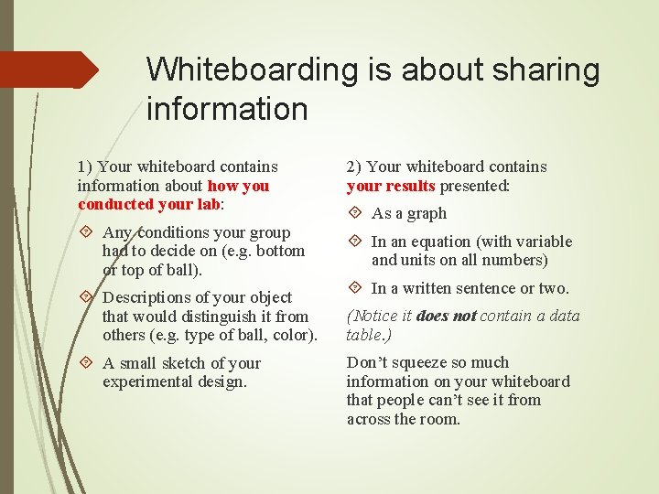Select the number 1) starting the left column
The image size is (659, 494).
coord(85,166)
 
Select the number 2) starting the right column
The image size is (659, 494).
coord(354,166)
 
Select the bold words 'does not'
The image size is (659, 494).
coord(447,317)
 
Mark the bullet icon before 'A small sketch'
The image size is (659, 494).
coord(88,363)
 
